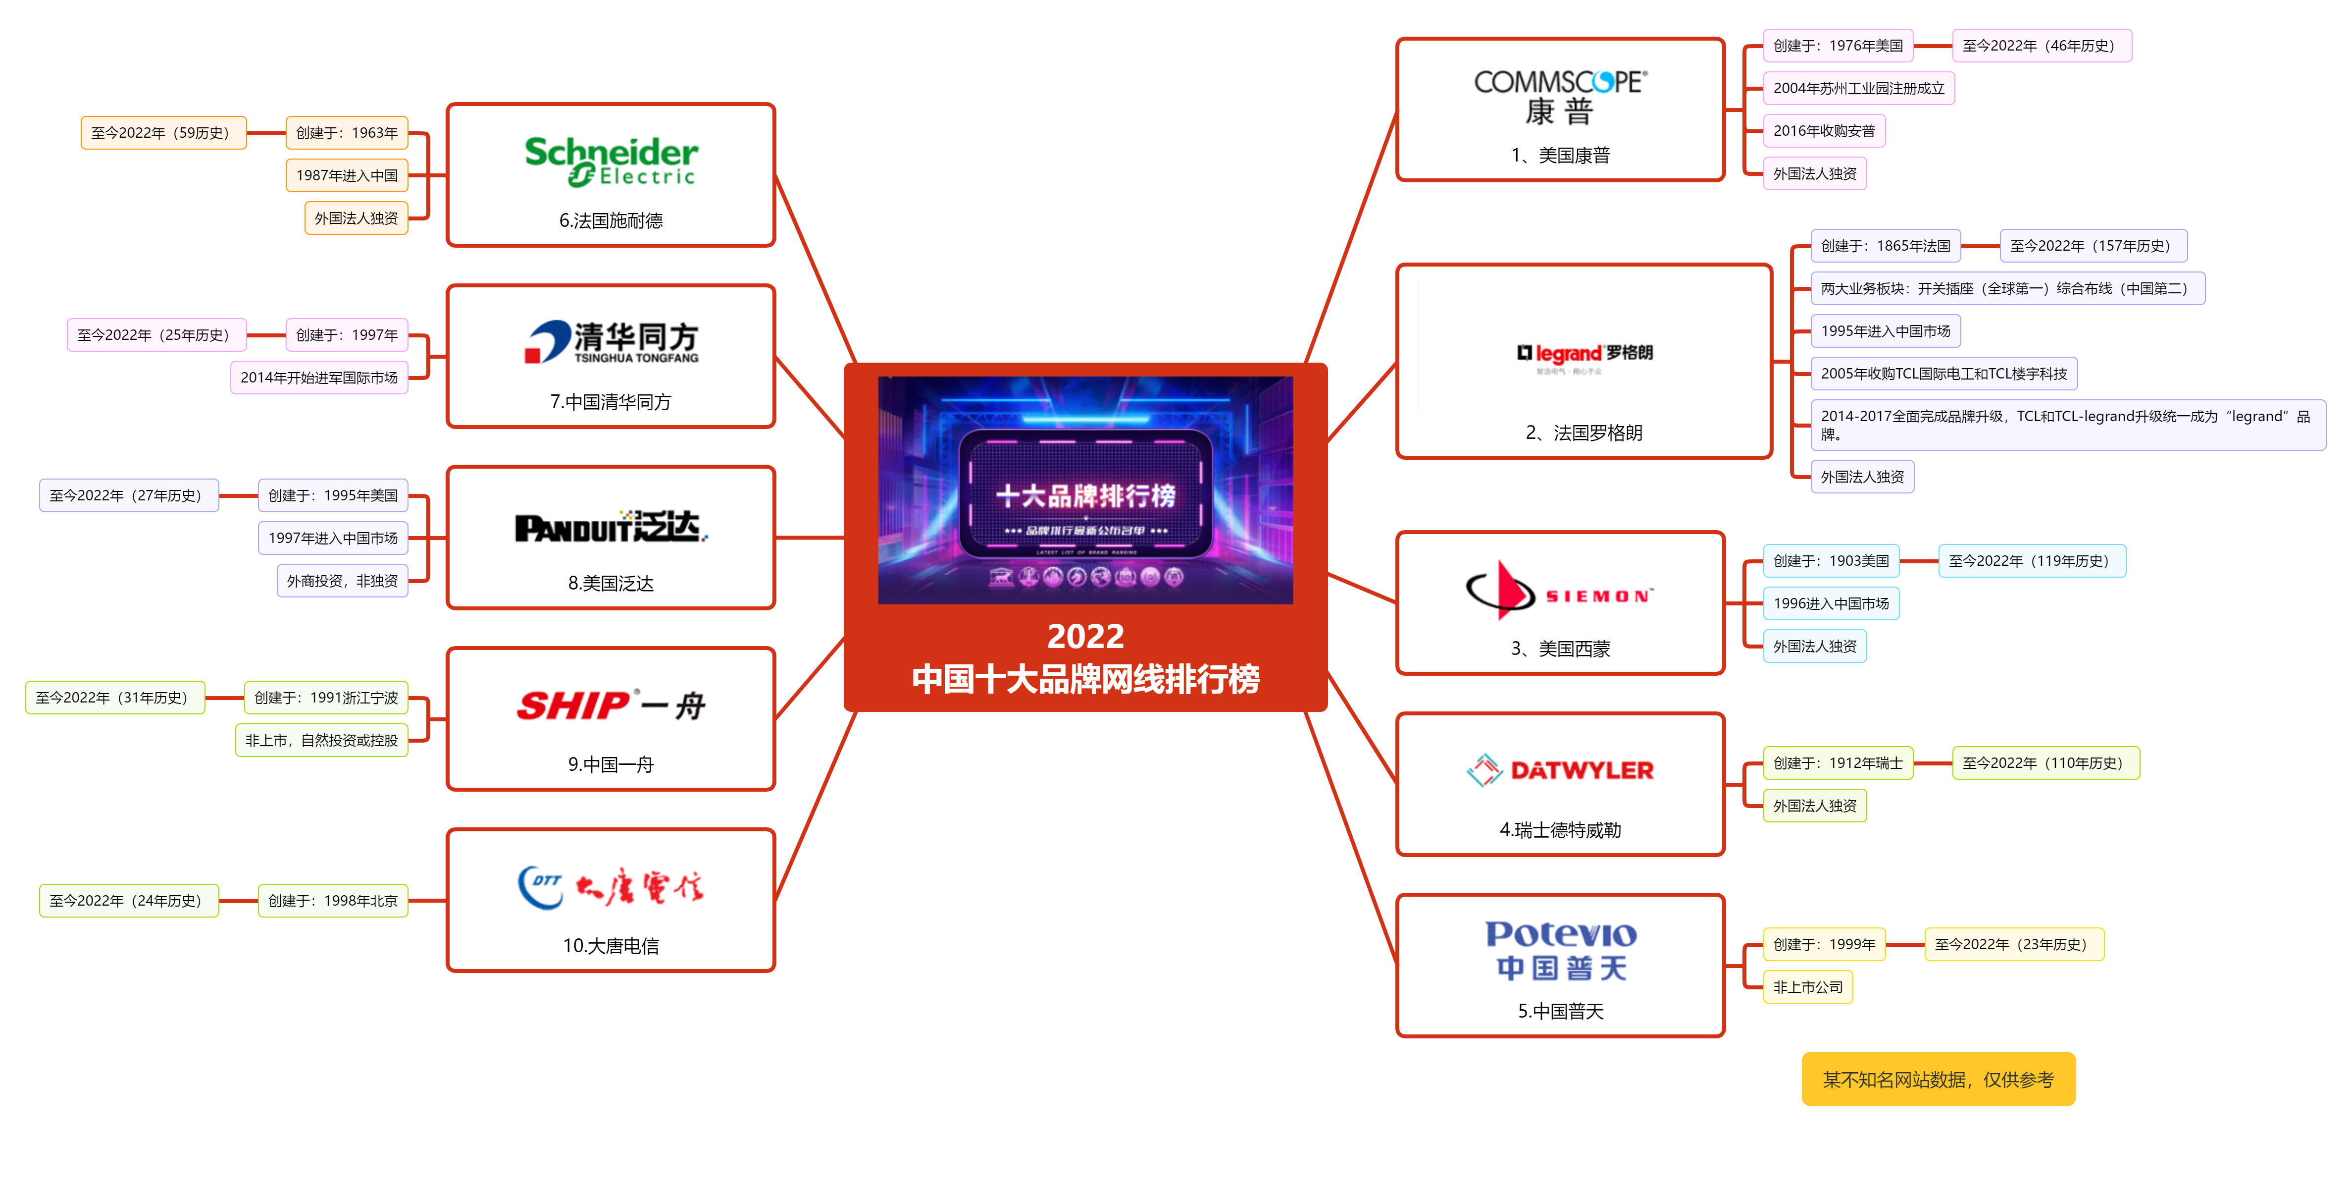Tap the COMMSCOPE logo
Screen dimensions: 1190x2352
[x=1560, y=96]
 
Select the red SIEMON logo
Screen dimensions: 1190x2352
[x=1559, y=591]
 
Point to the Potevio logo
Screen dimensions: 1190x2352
[x=1560, y=950]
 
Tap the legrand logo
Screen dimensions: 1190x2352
[x=1584, y=353]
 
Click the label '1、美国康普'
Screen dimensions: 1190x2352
[x=1560, y=155]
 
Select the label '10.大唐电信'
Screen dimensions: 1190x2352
[x=611, y=945]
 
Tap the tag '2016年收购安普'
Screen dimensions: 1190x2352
[x=1823, y=131]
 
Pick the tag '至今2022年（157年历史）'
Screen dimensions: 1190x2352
[x=2092, y=246]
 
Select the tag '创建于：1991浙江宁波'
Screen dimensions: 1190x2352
[x=326, y=698]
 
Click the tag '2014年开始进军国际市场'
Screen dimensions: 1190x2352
[x=319, y=377]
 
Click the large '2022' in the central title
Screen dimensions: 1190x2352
[x=1085, y=636]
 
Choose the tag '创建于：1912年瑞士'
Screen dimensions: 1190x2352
[x=1837, y=762]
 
